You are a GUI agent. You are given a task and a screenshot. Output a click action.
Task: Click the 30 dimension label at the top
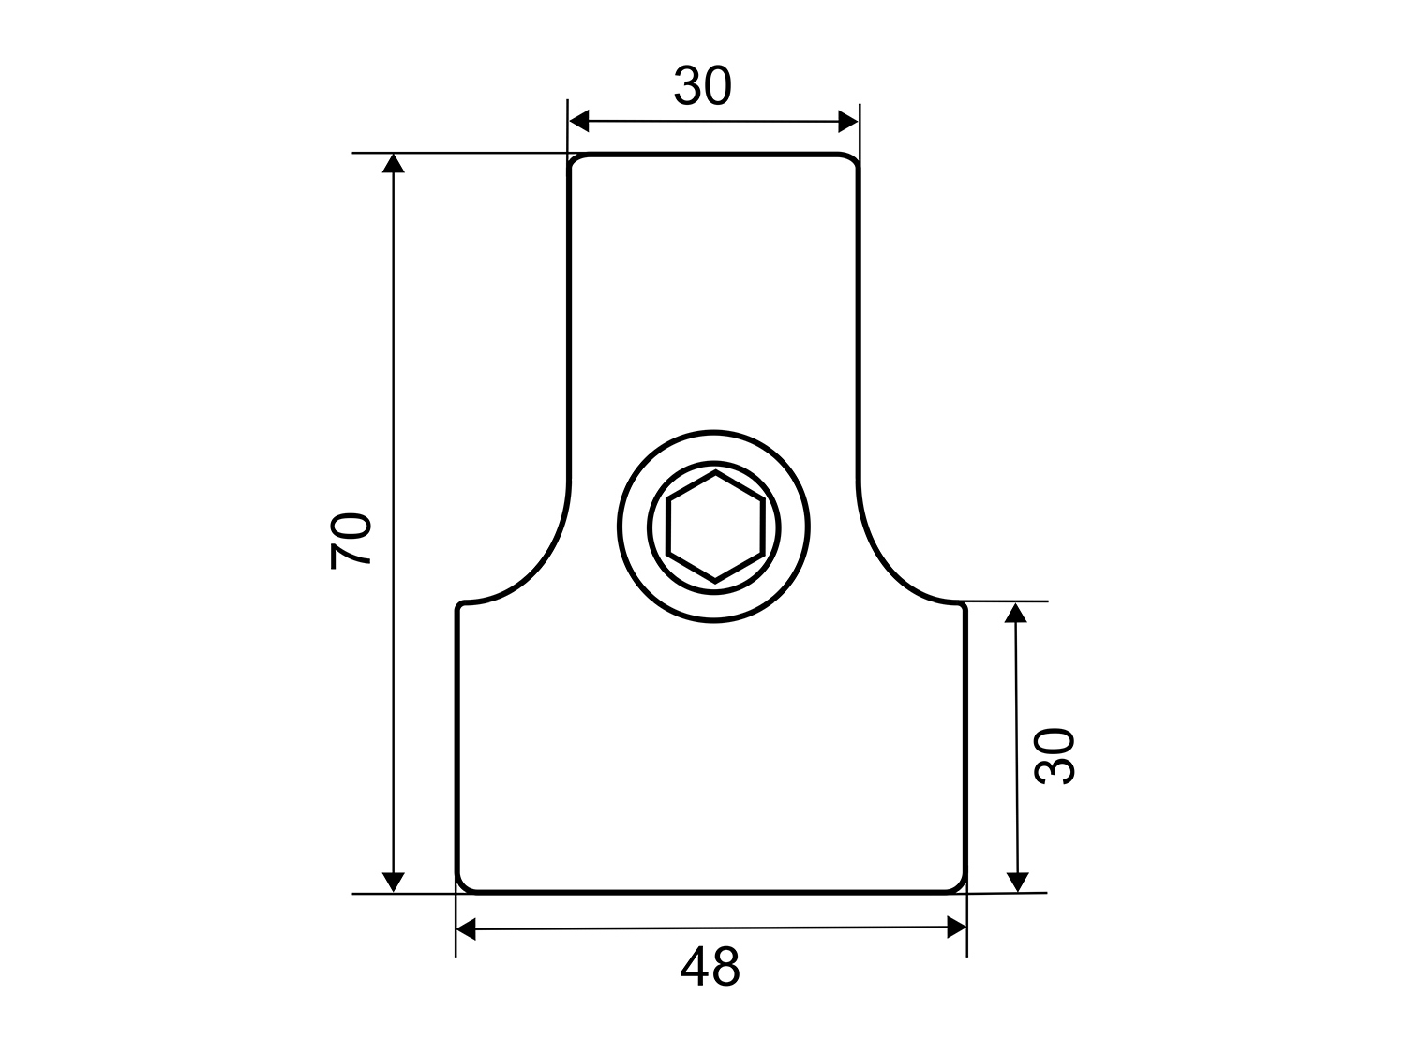tap(703, 85)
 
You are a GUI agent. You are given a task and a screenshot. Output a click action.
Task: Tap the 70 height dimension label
tap(351, 541)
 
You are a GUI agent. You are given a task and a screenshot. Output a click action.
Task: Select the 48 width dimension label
tap(710, 966)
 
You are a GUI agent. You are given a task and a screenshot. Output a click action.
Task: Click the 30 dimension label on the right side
tap(1054, 756)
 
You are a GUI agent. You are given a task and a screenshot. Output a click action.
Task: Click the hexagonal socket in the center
tap(715, 527)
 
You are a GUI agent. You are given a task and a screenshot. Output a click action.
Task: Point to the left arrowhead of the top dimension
tap(579, 121)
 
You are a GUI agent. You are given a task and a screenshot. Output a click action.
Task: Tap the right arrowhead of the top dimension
tap(848, 122)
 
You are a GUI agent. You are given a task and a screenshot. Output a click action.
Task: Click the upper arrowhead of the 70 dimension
tap(394, 163)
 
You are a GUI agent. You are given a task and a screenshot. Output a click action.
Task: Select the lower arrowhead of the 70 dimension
tap(394, 883)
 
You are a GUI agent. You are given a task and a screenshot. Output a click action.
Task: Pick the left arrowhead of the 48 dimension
tap(466, 928)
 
